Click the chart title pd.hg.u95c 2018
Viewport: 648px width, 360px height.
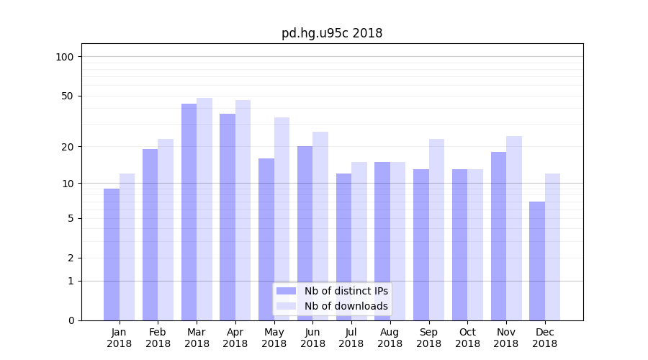(x=332, y=34)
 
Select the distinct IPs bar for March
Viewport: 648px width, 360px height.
(x=189, y=212)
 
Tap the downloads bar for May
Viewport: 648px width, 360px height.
(x=282, y=219)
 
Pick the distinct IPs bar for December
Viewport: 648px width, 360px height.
(x=537, y=261)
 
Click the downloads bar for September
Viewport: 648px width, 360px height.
(x=436, y=230)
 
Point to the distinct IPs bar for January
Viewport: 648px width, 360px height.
(x=112, y=254)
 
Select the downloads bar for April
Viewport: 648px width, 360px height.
(x=243, y=210)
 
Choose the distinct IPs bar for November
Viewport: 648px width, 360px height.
(x=498, y=236)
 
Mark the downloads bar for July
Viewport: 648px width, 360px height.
(x=359, y=241)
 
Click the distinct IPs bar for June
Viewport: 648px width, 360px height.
(x=305, y=233)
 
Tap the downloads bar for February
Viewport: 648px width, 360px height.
(x=166, y=230)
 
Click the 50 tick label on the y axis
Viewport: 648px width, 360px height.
(x=68, y=96)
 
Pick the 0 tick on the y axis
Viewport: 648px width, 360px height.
(x=71, y=320)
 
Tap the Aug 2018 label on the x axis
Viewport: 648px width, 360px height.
(x=390, y=338)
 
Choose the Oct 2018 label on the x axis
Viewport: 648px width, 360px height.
(x=467, y=338)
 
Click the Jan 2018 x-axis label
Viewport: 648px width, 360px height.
(x=120, y=338)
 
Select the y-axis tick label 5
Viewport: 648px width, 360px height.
(x=71, y=218)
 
